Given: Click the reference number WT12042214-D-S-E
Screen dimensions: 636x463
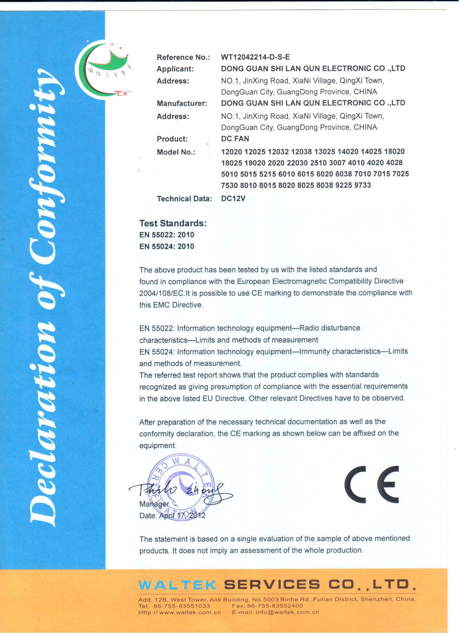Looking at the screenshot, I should click(x=255, y=57).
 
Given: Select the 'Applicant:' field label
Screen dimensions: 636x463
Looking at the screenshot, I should click(x=175, y=69).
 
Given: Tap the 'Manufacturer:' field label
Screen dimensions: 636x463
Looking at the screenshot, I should click(x=182, y=103).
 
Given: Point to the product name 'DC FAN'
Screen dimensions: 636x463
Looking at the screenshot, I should click(x=235, y=139).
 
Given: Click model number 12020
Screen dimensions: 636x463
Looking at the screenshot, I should click(x=231, y=152).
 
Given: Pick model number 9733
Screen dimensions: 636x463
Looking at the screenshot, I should click(x=363, y=185).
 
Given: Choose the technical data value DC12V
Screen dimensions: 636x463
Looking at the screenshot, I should click(x=233, y=198).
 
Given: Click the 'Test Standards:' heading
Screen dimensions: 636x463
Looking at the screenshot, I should click(x=173, y=223).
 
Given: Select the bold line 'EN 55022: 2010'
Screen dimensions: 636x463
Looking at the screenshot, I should click(x=166, y=235).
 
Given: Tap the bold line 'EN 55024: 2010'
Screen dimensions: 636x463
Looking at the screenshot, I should click(x=166, y=246).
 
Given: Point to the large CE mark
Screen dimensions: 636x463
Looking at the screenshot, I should click(x=372, y=484).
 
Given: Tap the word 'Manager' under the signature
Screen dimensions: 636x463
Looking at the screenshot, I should click(x=154, y=504).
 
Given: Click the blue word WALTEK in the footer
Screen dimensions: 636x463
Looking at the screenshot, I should click(x=177, y=585).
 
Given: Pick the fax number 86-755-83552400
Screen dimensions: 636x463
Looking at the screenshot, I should click(x=275, y=606).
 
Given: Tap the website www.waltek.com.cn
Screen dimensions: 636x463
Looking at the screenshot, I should click(x=190, y=612).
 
